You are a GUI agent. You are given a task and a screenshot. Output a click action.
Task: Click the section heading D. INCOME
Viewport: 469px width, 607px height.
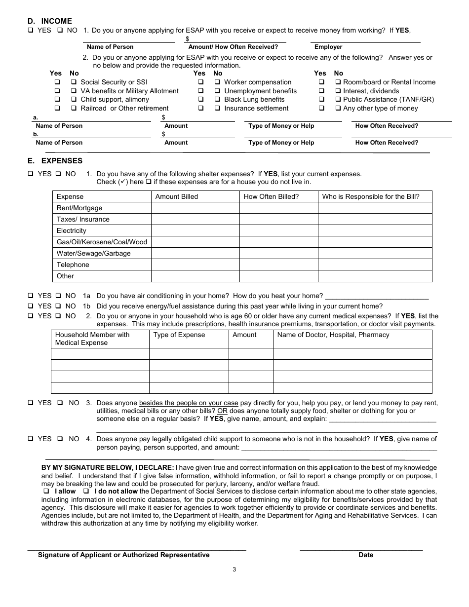49,21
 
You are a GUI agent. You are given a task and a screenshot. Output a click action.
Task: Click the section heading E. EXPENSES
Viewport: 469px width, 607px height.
55,161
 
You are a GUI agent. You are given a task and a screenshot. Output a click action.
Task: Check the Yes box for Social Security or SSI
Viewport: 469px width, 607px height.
57,82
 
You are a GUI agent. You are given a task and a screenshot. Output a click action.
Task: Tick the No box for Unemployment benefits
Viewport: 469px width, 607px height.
218,91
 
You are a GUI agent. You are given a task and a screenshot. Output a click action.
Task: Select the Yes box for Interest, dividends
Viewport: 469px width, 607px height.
321,91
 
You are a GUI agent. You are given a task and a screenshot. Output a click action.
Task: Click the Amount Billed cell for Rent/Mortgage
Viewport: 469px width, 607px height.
195,208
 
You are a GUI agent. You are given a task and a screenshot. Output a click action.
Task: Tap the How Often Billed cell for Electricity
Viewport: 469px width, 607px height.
278,230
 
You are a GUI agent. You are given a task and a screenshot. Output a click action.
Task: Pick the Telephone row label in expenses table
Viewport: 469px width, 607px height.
73,265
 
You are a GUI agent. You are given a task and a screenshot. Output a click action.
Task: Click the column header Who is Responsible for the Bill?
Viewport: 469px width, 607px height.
371,196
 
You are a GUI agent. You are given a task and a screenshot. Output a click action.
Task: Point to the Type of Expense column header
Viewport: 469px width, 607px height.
179,335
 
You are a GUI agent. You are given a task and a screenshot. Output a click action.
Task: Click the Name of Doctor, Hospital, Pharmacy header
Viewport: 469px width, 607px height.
333,335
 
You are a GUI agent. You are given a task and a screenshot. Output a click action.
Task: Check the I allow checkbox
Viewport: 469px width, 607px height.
46,492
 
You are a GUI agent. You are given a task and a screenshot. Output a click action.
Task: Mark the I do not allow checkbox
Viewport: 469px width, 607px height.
86,492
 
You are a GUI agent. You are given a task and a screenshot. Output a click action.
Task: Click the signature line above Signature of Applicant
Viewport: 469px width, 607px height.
136,548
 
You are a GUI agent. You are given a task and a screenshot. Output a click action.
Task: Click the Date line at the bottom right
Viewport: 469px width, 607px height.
361,548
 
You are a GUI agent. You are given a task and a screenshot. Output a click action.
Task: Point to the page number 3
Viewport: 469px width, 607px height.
234,569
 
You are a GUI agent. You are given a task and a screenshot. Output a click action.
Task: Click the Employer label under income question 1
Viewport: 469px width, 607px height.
328,47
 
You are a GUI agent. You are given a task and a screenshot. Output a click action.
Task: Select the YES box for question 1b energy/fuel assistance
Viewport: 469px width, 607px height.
31,306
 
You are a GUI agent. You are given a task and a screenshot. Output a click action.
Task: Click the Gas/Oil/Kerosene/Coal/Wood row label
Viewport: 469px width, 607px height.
102,242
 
